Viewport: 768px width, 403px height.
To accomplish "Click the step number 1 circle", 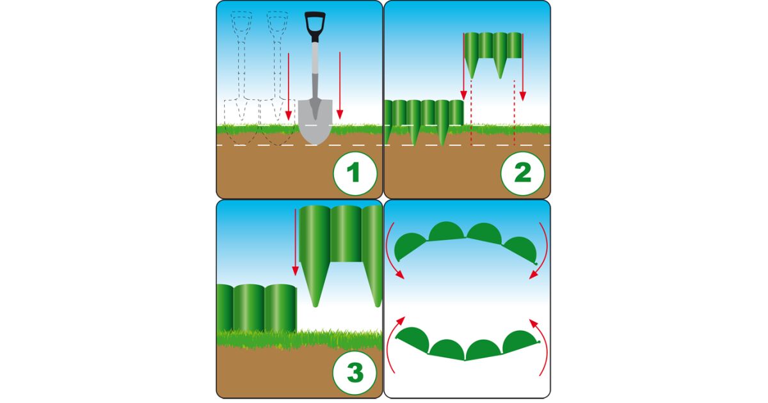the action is (x=355, y=174).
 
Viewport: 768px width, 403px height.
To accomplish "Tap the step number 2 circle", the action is (x=522, y=174).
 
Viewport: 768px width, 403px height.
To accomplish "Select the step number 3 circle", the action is (x=355, y=373).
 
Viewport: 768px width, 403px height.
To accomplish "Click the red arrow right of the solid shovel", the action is (x=340, y=86).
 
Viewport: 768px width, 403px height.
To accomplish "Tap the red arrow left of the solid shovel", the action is (x=289, y=87).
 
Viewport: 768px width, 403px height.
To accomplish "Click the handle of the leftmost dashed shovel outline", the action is (x=241, y=54).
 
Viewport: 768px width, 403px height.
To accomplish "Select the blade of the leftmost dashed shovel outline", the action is (x=241, y=122).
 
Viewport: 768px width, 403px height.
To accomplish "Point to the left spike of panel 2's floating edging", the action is (x=472, y=68).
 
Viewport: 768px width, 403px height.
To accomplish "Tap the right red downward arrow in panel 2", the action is (x=522, y=67).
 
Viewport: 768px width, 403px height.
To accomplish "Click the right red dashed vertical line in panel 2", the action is (x=515, y=113).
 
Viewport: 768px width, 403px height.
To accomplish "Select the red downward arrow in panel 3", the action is (x=295, y=242).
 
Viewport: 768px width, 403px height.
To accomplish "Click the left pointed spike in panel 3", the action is (x=315, y=285).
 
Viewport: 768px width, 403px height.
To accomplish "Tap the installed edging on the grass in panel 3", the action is (x=257, y=308).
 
